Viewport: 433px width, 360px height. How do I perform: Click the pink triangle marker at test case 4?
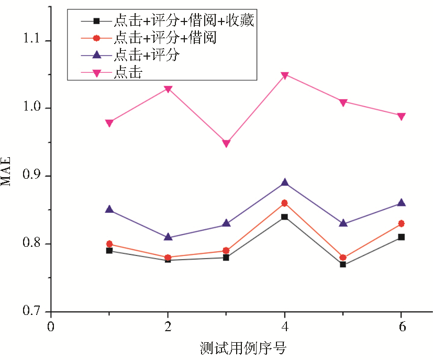point(284,75)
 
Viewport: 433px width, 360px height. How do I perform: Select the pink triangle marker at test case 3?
point(226,144)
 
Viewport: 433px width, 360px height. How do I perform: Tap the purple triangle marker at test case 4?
point(284,182)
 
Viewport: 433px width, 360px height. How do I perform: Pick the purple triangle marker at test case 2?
point(168,237)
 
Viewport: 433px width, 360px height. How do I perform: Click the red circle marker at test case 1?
point(109,244)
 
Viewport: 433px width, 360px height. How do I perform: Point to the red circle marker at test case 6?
point(401,223)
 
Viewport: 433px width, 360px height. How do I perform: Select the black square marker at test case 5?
point(342,264)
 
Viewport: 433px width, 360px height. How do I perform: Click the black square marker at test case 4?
point(284,217)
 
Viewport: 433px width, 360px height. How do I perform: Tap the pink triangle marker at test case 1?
point(109,123)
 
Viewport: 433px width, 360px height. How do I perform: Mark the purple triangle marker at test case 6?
point(401,203)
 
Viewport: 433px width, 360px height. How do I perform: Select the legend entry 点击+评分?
point(147,55)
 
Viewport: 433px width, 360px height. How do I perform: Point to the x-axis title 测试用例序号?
point(243,347)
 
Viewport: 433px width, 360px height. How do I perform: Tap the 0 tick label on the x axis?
point(50,326)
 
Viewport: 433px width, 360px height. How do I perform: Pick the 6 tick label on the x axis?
point(401,326)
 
